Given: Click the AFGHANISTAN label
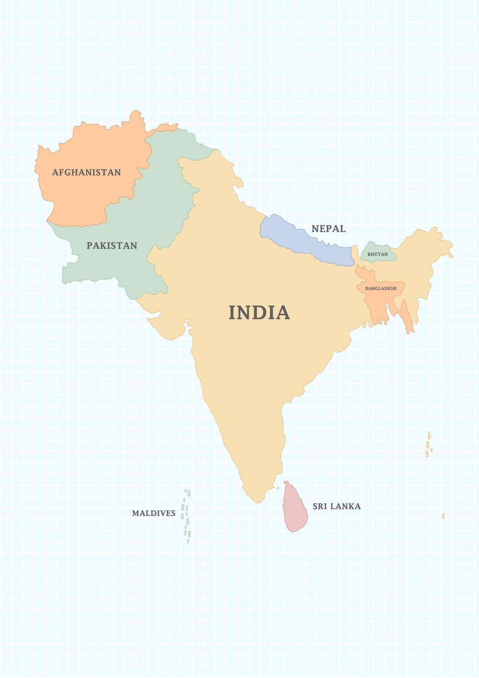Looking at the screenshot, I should pos(86,172).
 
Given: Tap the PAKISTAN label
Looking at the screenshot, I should pos(112,246).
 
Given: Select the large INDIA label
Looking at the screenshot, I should pos(259,312).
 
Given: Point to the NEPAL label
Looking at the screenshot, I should pos(328,229).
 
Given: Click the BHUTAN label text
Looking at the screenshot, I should pos(377,254).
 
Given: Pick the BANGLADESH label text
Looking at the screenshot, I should pos(380,289).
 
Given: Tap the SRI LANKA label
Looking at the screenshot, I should pos(336,506).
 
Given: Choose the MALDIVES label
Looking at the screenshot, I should pos(154,513).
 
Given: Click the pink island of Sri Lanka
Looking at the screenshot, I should pos(295,508).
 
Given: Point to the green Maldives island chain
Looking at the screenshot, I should pos(187,516).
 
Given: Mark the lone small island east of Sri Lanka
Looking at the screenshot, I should pos(443,516).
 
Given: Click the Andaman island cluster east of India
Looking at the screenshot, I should pos(428,445).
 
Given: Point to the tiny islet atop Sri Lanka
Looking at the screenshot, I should pos(286,482).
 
